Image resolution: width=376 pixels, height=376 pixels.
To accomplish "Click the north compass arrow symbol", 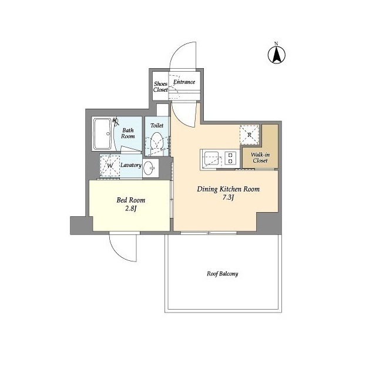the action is pyautogui.click(x=277, y=55).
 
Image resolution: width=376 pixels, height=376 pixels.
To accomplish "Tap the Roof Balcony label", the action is pyautogui.click(x=222, y=274).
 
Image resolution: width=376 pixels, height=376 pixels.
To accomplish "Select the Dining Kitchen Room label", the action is pyautogui.click(x=228, y=189).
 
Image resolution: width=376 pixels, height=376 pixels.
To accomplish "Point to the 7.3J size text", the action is pyautogui.click(x=228, y=197).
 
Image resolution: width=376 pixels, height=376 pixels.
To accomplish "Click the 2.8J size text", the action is pyautogui.click(x=130, y=209).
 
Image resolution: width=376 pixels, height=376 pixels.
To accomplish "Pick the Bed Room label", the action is pyautogui.click(x=130, y=200).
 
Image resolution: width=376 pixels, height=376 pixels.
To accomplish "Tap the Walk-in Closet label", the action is pyautogui.click(x=260, y=157).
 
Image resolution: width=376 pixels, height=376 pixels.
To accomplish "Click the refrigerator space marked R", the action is pyautogui.click(x=249, y=135).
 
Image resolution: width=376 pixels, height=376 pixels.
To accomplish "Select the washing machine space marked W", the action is pyautogui.click(x=110, y=166).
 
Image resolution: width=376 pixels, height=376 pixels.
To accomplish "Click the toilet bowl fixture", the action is pyautogui.click(x=157, y=142).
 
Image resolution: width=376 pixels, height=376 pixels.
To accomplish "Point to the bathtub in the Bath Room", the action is pyautogui.click(x=102, y=134).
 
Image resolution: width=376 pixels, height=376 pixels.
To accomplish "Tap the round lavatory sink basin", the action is pyautogui.click(x=149, y=168).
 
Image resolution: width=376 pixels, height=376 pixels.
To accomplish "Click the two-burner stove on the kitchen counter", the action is pyautogui.click(x=230, y=158).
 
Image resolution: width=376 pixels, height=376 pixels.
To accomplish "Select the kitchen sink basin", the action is pyautogui.click(x=211, y=159).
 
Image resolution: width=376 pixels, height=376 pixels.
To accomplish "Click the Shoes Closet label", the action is pyautogui.click(x=160, y=87).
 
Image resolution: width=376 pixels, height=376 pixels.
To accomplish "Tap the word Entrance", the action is pyautogui.click(x=184, y=82).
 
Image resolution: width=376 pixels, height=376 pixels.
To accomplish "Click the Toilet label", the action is pyautogui.click(x=157, y=125).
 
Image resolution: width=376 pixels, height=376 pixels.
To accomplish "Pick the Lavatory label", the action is pyautogui.click(x=130, y=165).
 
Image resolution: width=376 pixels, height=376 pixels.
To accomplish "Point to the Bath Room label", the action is pyautogui.click(x=128, y=133).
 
